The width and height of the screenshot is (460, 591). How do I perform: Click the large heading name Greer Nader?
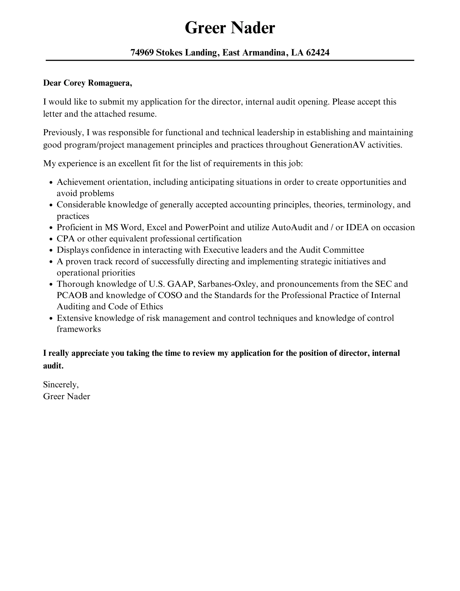[x=230, y=28]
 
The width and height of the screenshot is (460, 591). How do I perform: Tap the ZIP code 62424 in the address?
[x=317, y=52]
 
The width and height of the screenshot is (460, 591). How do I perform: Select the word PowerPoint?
[x=207, y=227]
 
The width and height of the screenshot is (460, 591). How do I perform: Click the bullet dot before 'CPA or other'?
[x=51, y=239]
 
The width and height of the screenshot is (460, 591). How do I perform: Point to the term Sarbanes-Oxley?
[x=228, y=284]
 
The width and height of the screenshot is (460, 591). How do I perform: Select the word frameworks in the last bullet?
[x=79, y=329]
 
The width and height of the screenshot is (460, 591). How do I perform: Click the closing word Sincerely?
[x=61, y=385]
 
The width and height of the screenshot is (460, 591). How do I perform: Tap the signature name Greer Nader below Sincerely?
[x=67, y=397]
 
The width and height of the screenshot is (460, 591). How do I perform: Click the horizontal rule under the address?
[x=230, y=60]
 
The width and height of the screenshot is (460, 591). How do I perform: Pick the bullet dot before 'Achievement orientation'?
[x=51, y=183]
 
